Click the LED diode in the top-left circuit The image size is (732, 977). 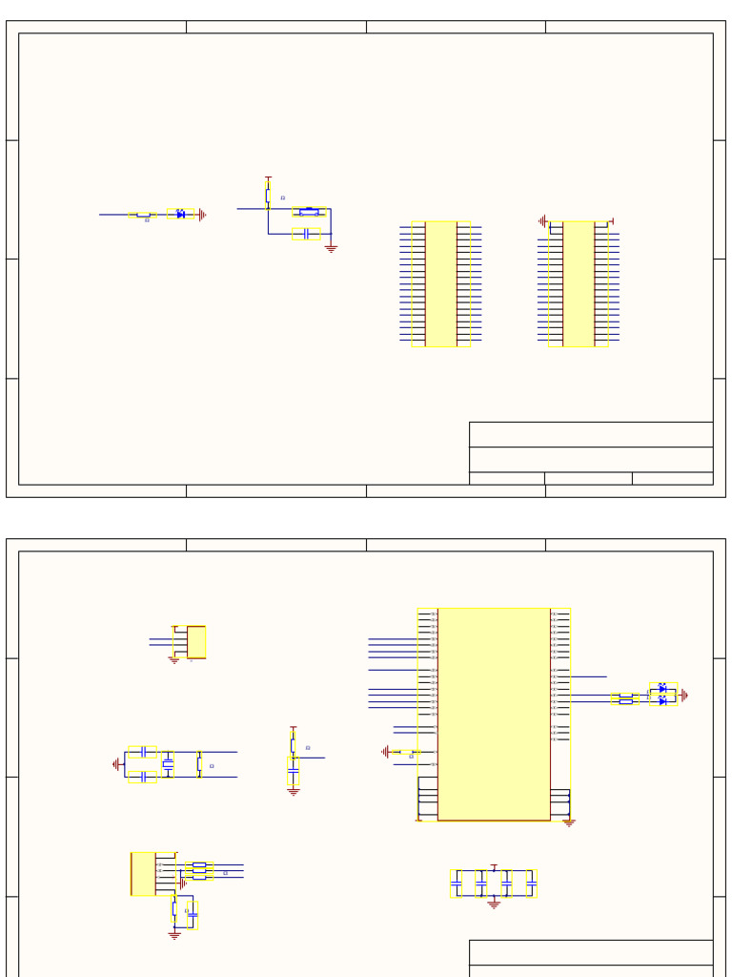[x=181, y=215]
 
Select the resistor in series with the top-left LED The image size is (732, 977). [x=143, y=215]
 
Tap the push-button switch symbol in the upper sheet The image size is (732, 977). [x=309, y=212]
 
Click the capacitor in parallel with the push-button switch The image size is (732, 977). [x=306, y=234]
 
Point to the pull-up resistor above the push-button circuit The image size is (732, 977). [x=268, y=195]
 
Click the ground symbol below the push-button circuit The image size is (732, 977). [x=331, y=248]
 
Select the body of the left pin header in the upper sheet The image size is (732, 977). [x=440, y=283]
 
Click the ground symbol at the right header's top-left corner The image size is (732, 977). [x=542, y=221]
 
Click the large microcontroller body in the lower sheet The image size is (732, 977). [x=494, y=714]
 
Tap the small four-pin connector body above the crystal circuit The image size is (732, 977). [x=195, y=642]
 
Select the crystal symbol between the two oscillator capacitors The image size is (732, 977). [x=168, y=763]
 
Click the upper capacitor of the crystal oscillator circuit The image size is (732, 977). [x=142, y=752]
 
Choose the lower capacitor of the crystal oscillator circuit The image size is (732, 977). [x=142, y=777]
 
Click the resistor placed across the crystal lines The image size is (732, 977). [x=198, y=763]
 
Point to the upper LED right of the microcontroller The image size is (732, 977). [x=662, y=688]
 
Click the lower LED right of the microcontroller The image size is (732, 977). [x=662, y=701]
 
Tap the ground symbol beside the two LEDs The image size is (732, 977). [x=683, y=696]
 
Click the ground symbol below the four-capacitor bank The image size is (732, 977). [x=494, y=904]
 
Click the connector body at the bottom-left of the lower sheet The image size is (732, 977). [x=142, y=874]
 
